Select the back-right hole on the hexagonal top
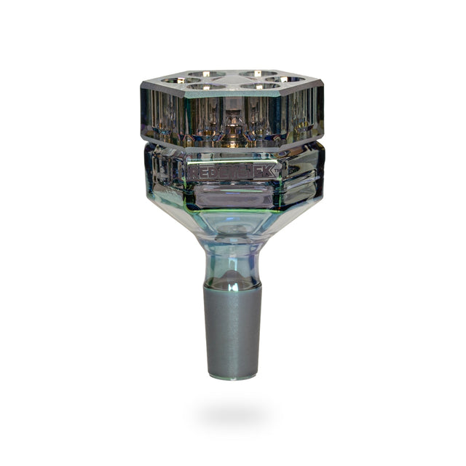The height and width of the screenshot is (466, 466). coord(256,74)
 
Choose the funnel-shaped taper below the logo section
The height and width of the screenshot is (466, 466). coord(232,222)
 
